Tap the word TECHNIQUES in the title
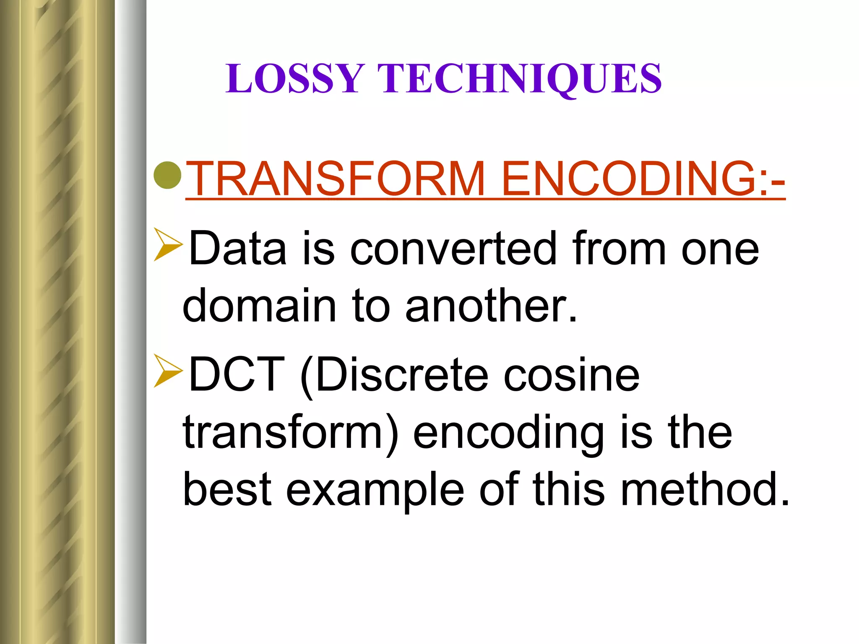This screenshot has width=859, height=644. [x=519, y=78]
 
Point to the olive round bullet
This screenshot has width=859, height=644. [x=168, y=174]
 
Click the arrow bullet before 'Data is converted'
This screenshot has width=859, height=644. [x=168, y=244]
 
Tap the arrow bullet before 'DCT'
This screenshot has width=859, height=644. [x=168, y=371]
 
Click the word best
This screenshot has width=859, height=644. [x=227, y=489]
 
